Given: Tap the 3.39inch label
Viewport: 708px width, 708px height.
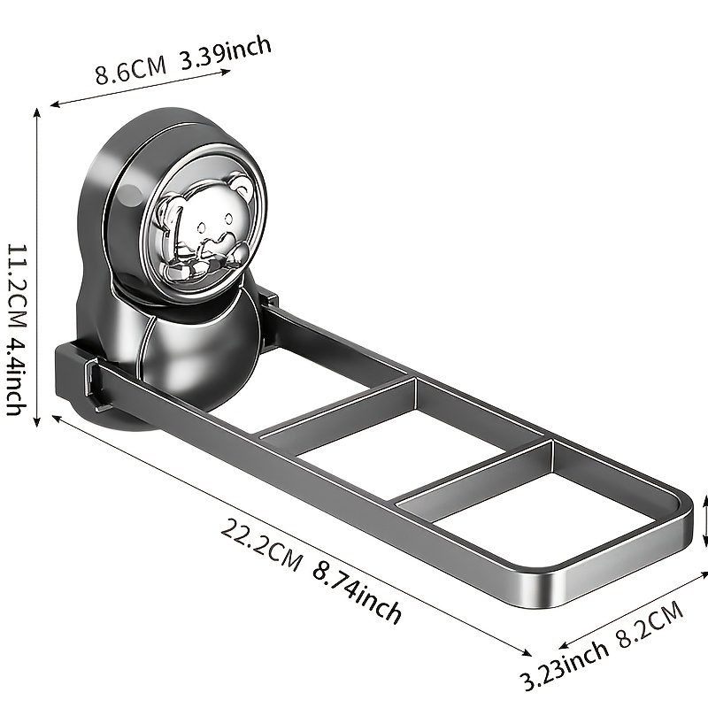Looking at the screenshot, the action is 226,53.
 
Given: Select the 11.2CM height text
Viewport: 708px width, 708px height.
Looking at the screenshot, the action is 17,285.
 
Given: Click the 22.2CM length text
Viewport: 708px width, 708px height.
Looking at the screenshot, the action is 261,545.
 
